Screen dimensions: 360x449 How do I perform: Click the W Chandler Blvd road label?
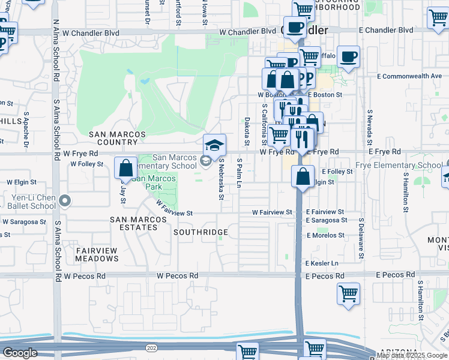point(247,32)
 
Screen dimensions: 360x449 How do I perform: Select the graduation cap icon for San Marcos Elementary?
point(214,145)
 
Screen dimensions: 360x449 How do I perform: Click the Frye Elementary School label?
point(406,165)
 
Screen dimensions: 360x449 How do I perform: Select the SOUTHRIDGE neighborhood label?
point(200,232)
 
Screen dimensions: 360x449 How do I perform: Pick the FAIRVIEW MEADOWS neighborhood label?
point(97,254)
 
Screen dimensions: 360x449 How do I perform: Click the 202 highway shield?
point(149,347)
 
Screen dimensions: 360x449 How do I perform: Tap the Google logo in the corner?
point(20,353)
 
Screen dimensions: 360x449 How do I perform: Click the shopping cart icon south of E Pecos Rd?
point(348,295)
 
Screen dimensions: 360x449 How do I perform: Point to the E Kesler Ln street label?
point(322,263)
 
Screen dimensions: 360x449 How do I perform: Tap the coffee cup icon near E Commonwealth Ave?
point(348,58)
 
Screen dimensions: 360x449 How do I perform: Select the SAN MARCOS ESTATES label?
point(138,223)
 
